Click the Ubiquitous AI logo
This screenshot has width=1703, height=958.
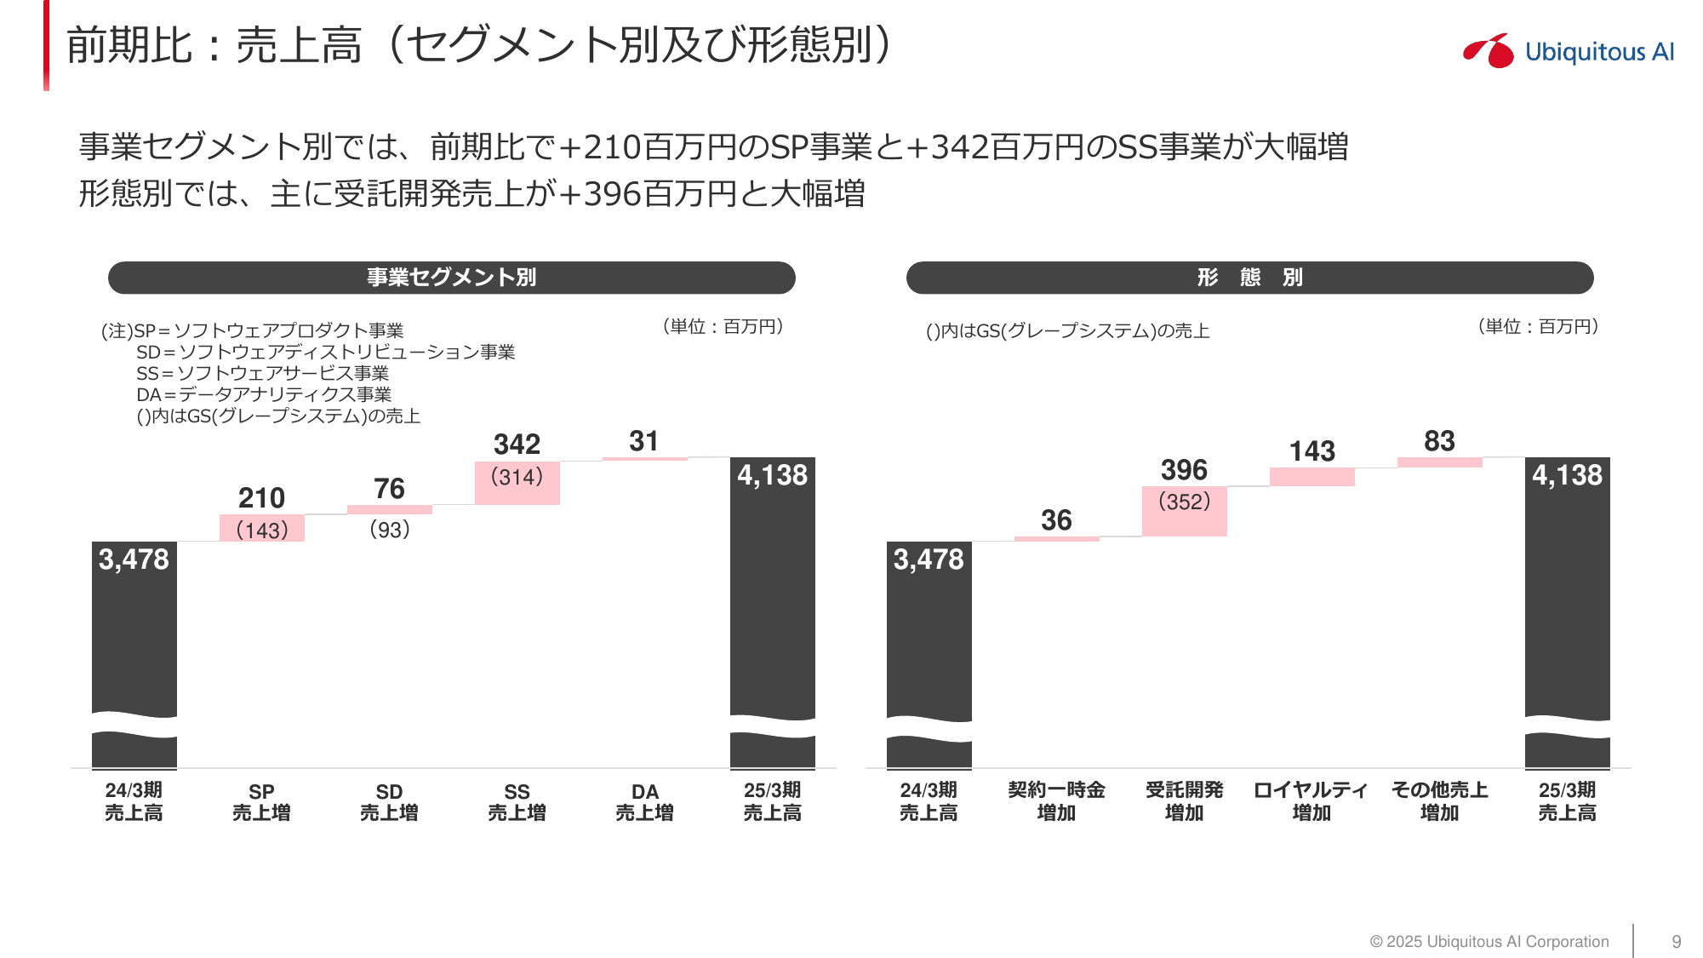click(x=1569, y=51)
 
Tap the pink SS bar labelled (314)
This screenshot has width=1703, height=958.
click(x=517, y=483)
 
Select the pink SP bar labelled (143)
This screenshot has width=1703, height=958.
click(x=261, y=528)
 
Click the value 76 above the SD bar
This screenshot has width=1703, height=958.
click(x=389, y=489)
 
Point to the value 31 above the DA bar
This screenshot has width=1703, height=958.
click(x=643, y=441)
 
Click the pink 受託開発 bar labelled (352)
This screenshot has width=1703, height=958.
click(x=1184, y=511)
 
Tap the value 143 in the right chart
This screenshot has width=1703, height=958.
click(x=1312, y=451)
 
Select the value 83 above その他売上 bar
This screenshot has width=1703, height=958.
click(x=1439, y=441)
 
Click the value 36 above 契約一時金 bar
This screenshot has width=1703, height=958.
click(x=1056, y=520)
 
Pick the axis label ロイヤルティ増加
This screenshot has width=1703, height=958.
click(x=1311, y=801)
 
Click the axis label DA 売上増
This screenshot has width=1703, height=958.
click(x=644, y=802)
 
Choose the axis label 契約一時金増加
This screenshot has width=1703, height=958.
click(x=1056, y=801)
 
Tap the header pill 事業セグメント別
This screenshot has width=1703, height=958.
click(x=451, y=278)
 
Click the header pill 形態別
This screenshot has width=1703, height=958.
click(x=1249, y=278)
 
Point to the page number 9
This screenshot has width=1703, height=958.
click(x=1676, y=942)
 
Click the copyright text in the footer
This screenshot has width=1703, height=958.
click(x=1489, y=942)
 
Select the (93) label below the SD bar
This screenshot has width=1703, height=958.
click(x=390, y=530)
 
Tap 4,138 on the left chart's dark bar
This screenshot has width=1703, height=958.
click(x=772, y=475)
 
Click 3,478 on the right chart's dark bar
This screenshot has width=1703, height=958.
click(x=929, y=559)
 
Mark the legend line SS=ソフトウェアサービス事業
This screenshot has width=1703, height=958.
click(x=262, y=373)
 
